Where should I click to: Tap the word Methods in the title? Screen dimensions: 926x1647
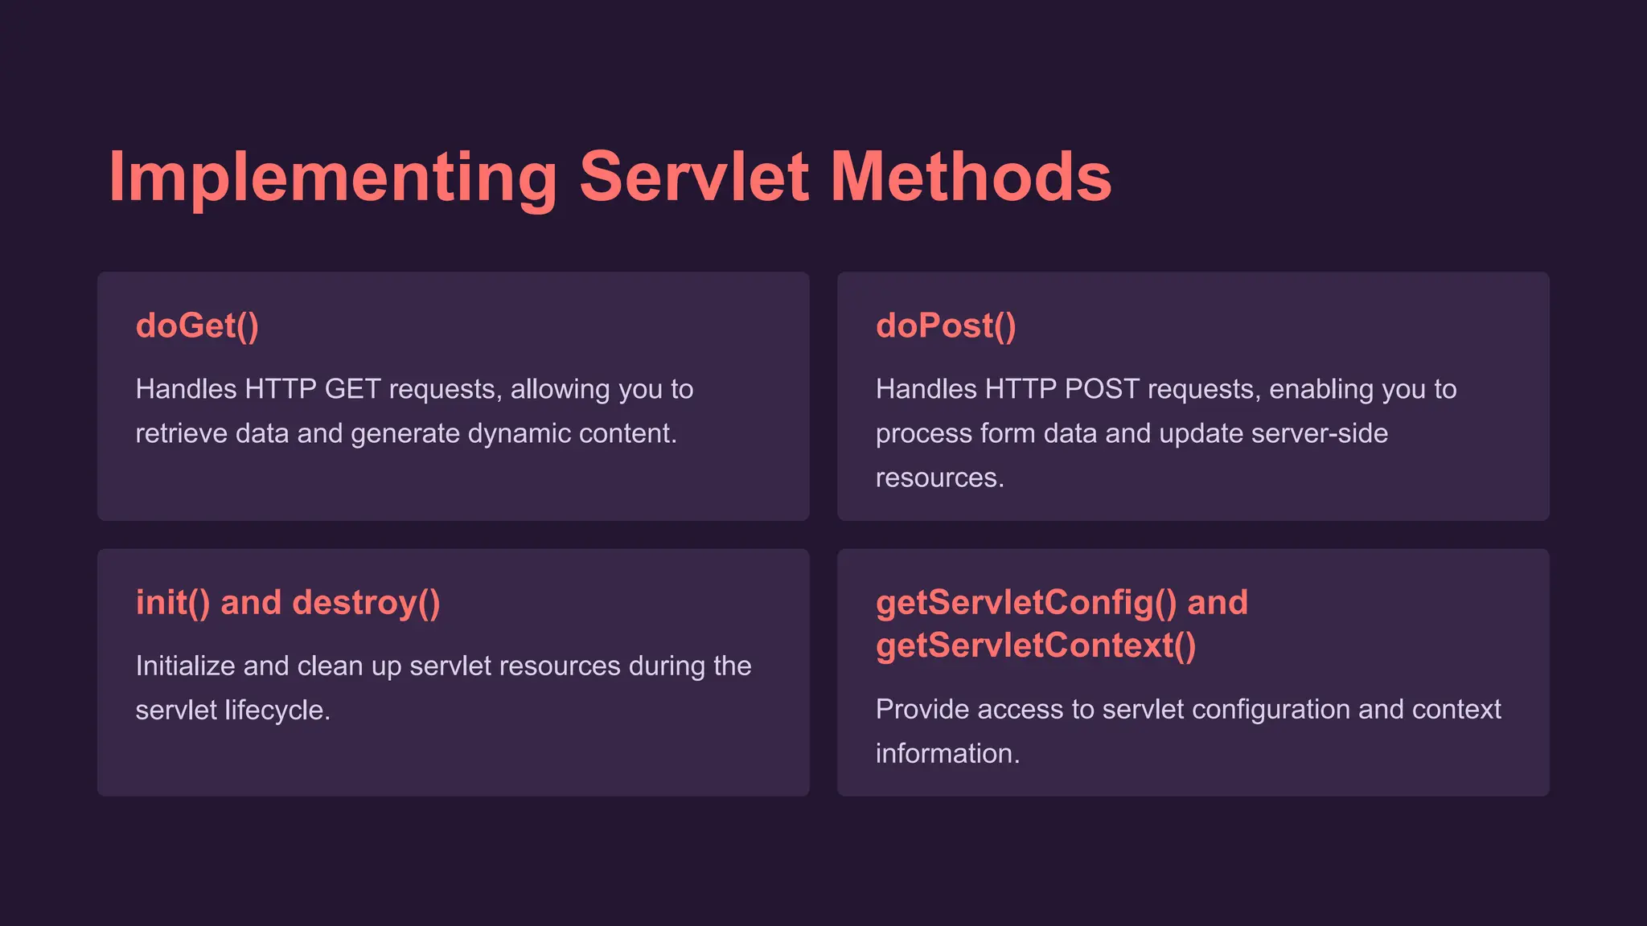coord(971,178)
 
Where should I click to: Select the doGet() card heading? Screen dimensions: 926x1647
coord(197,326)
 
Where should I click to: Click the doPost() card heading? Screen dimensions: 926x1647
coord(946,326)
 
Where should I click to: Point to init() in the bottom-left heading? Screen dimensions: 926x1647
coord(173,603)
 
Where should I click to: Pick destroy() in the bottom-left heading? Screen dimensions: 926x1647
coord(366,603)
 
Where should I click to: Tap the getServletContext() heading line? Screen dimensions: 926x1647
coord(1036,645)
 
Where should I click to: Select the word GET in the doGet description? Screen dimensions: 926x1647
coord(352,389)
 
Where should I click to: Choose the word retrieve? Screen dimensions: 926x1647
coord(182,433)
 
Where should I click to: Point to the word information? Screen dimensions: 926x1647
coord(947,753)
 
